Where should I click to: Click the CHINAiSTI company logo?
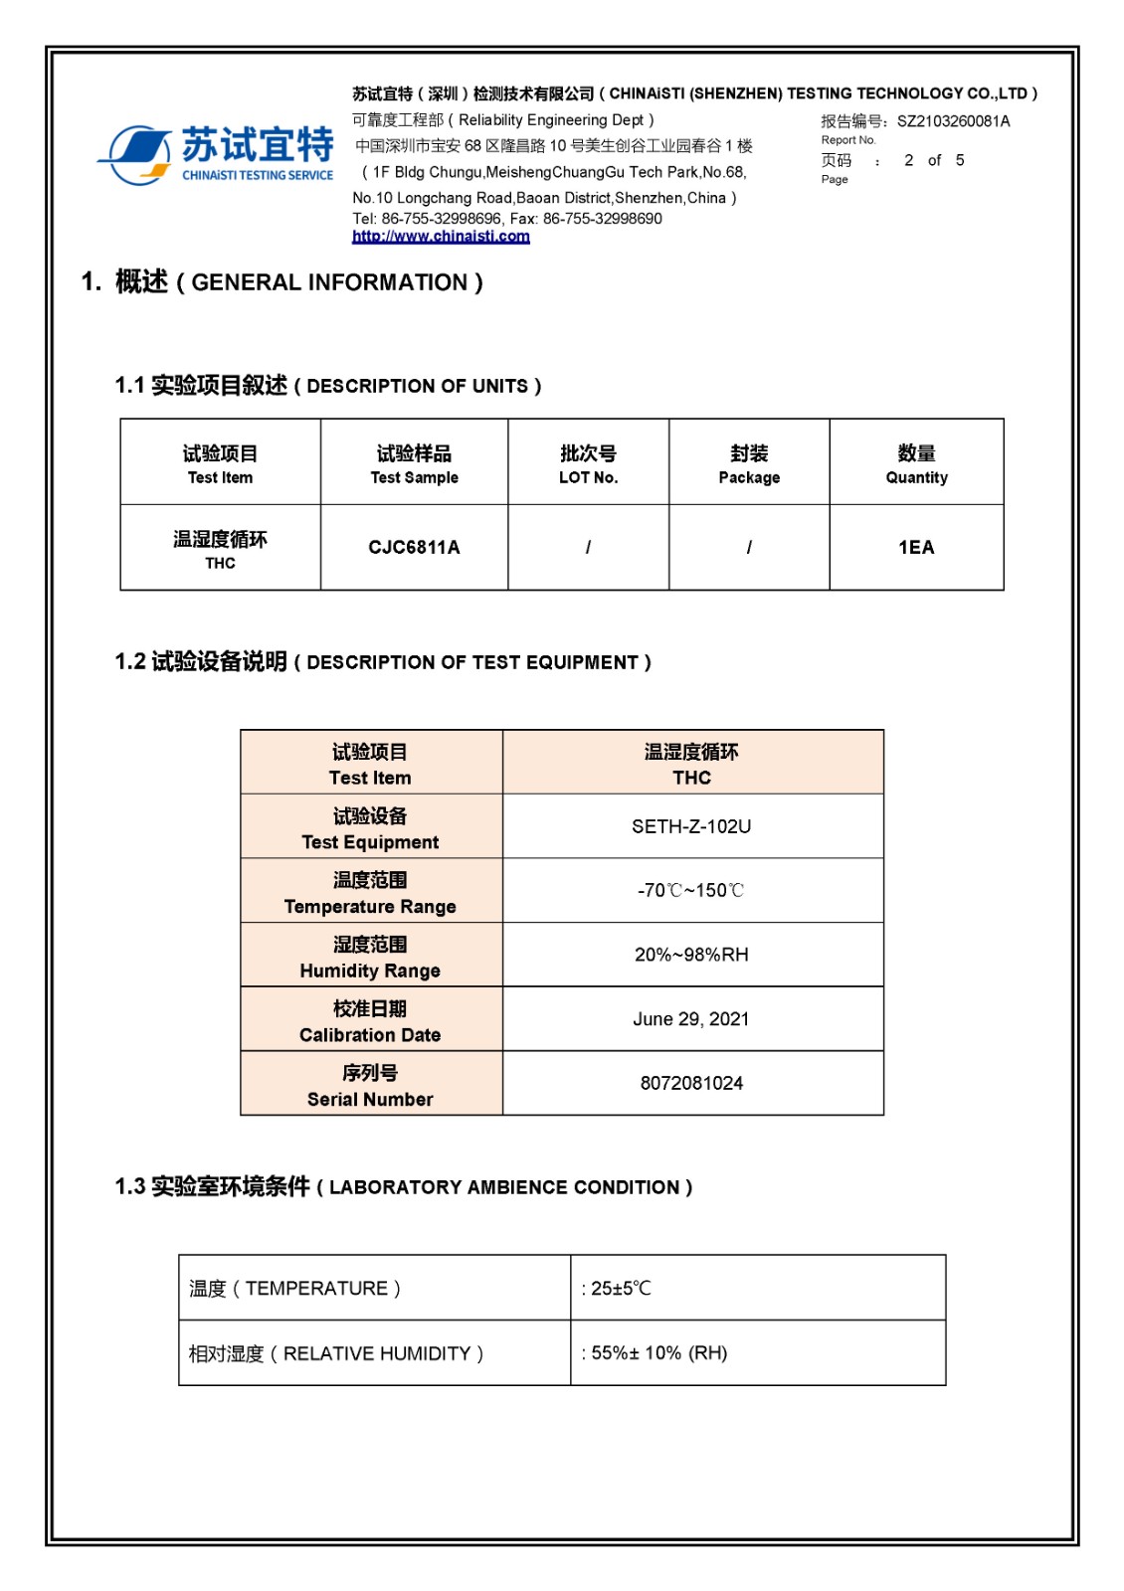(x=216, y=154)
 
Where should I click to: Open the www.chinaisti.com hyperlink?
(x=441, y=237)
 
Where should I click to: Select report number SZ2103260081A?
(x=953, y=121)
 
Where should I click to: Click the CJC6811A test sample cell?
(x=414, y=547)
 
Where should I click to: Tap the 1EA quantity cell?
(x=916, y=547)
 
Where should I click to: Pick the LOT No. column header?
(x=588, y=463)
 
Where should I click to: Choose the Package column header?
(x=749, y=463)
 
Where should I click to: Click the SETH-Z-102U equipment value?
(x=691, y=826)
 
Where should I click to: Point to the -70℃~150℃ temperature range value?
(x=691, y=890)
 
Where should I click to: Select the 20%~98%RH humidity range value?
(x=691, y=955)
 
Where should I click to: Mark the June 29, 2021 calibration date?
(x=691, y=1019)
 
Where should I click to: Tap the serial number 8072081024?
(x=691, y=1083)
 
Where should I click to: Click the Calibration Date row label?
(x=370, y=1021)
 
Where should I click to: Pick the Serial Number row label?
(x=370, y=1085)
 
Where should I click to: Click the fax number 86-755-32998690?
(x=602, y=219)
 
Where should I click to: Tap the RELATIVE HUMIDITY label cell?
(x=336, y=1353)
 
